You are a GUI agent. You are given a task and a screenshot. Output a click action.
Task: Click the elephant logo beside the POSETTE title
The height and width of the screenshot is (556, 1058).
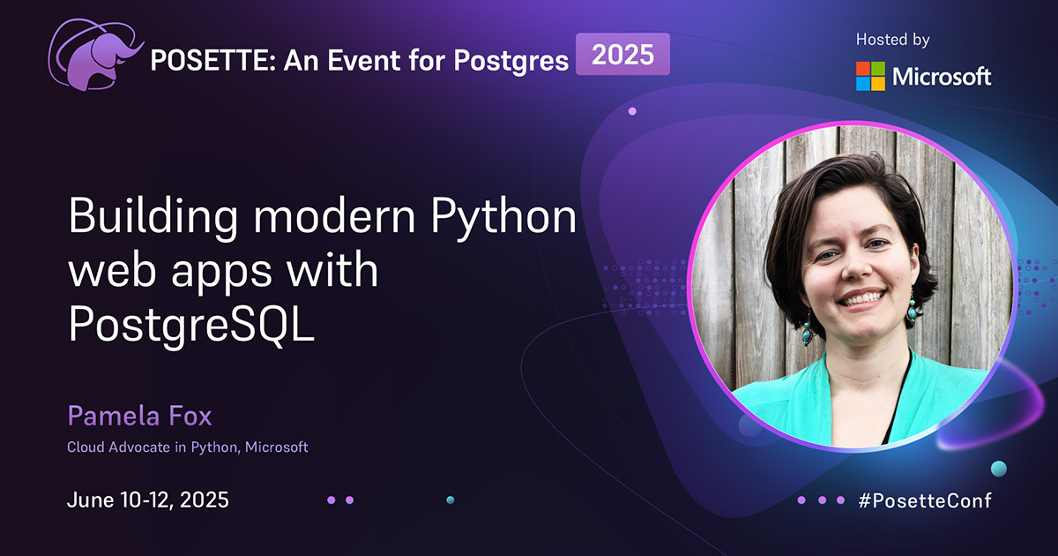tap(96, 56)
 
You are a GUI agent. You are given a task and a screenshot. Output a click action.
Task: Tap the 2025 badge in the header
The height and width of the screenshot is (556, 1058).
tap(622, 55)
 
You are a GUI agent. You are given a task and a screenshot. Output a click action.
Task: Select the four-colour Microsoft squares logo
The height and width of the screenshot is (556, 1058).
tap(870, 76)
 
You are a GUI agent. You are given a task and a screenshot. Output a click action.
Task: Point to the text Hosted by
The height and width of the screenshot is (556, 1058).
tap(892, 40)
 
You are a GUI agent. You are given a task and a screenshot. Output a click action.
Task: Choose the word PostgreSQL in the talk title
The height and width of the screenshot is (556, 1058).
tap(191, 327)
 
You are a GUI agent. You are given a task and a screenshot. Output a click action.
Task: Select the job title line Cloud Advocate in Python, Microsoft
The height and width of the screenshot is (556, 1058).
tap(188, 447)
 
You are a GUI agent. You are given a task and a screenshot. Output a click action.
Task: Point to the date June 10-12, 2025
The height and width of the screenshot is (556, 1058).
tap(148, 500)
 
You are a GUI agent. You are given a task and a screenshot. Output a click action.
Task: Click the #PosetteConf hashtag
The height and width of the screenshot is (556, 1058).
tap(925, 500)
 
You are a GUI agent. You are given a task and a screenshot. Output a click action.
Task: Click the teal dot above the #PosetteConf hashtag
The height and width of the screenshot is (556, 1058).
tap(998, 468)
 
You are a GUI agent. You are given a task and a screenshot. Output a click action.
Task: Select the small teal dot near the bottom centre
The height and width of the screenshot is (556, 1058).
tap(450, 500)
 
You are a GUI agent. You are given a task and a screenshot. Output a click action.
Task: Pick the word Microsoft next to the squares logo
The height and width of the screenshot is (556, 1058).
tap(942, 77)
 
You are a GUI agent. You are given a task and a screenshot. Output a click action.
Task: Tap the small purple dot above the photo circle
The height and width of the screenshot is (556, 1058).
tap(632, 111)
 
